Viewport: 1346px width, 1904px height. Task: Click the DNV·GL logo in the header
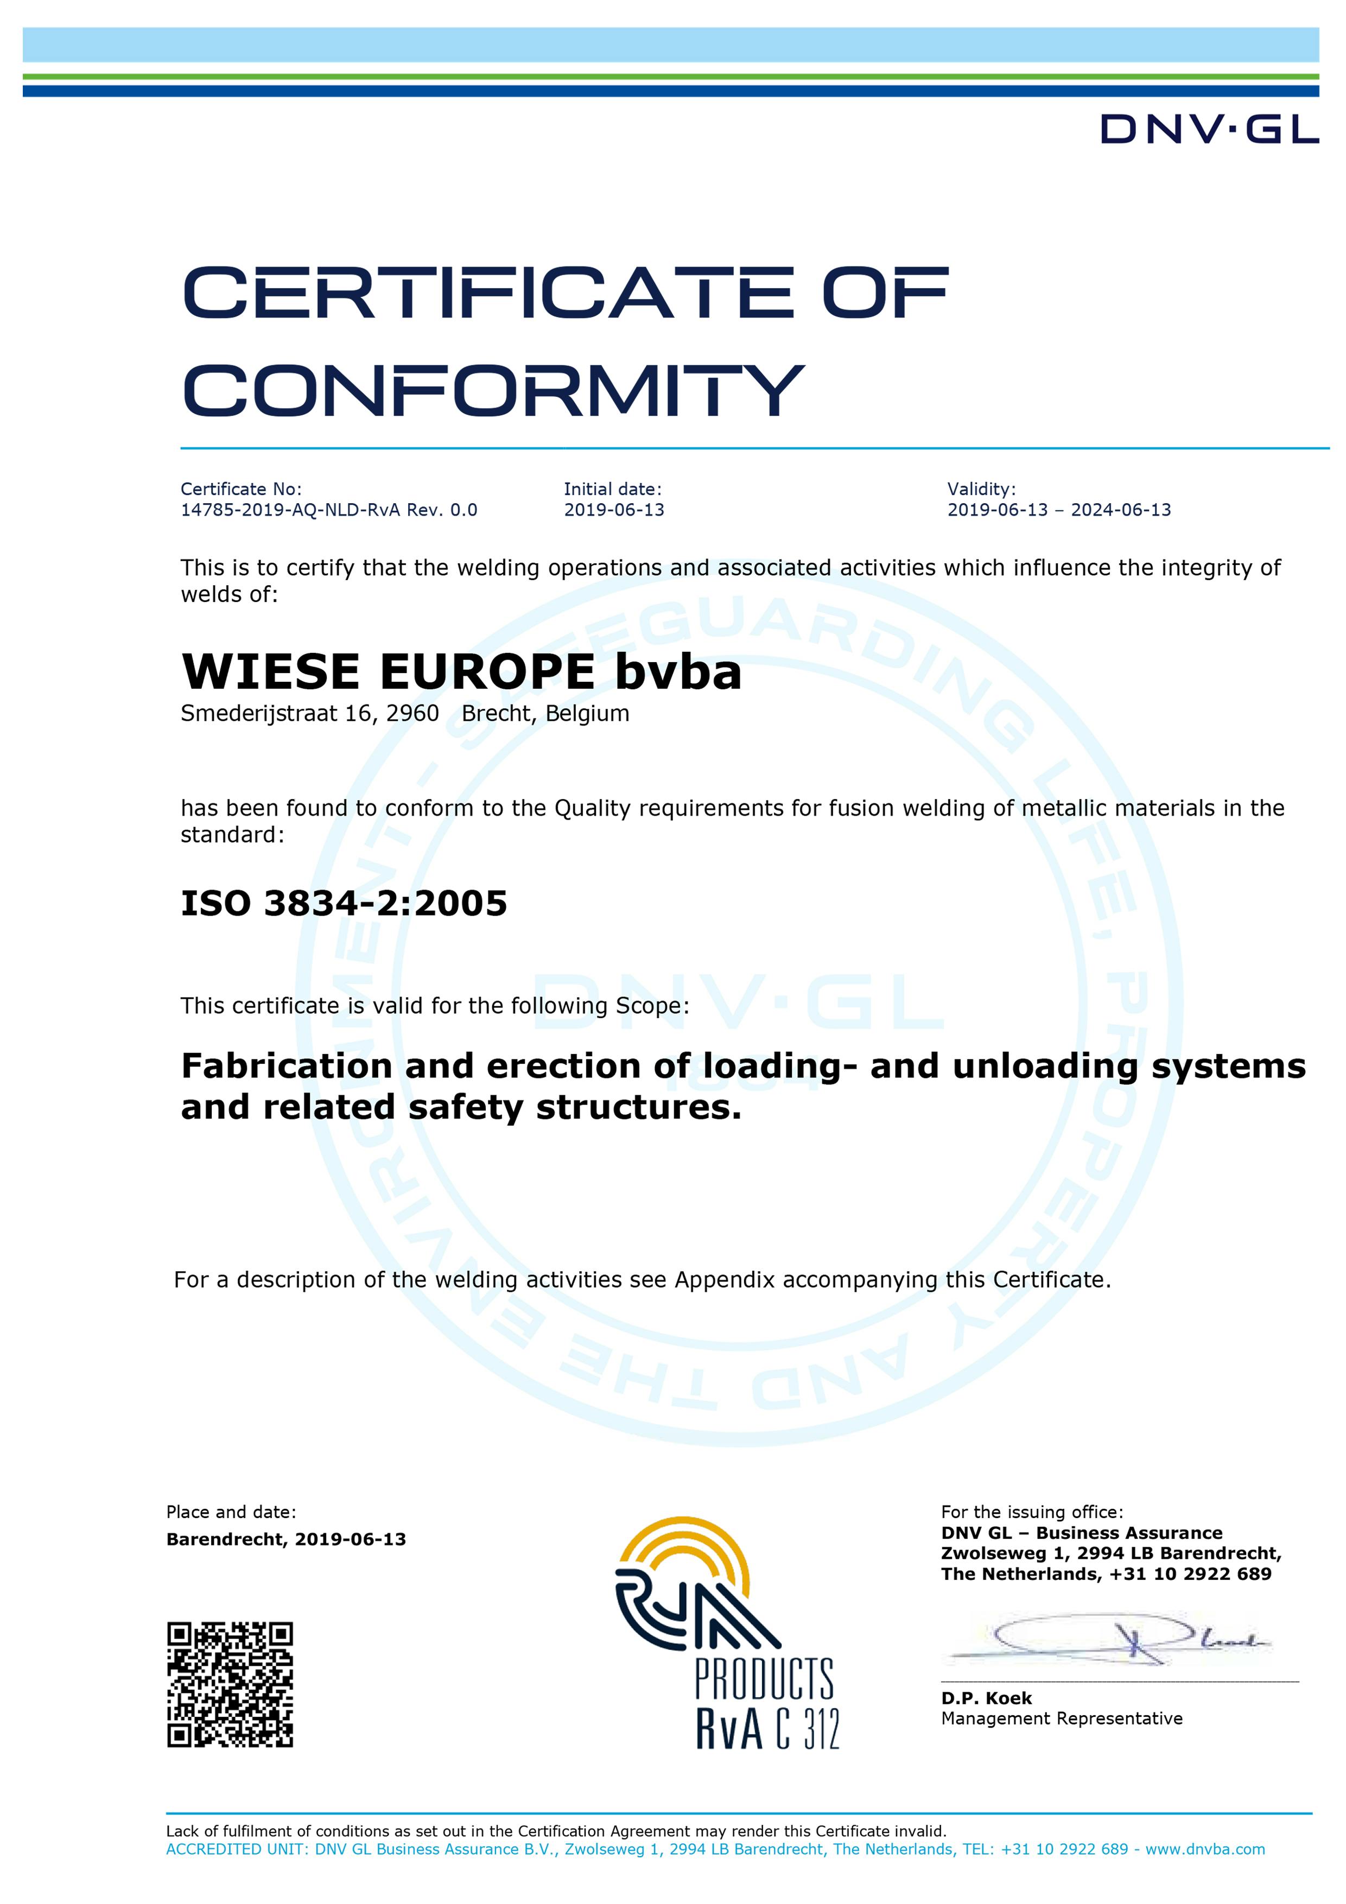coord(1209,130)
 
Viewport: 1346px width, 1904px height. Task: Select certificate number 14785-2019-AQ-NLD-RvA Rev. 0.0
coord(328,510)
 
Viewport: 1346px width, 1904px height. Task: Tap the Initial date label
coord(612,489)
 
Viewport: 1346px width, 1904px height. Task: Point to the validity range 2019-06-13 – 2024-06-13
coord(1059,510)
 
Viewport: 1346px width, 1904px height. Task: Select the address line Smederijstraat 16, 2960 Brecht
coord(405,714)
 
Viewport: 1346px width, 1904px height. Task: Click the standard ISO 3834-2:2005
coord(344,903)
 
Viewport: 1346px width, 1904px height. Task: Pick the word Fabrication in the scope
coord(286,1067)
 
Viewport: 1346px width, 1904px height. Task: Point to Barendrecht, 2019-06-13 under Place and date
coord(286,1539)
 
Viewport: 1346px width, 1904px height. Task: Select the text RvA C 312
coord(767,1729)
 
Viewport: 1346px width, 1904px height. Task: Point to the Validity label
coord(981,489)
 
